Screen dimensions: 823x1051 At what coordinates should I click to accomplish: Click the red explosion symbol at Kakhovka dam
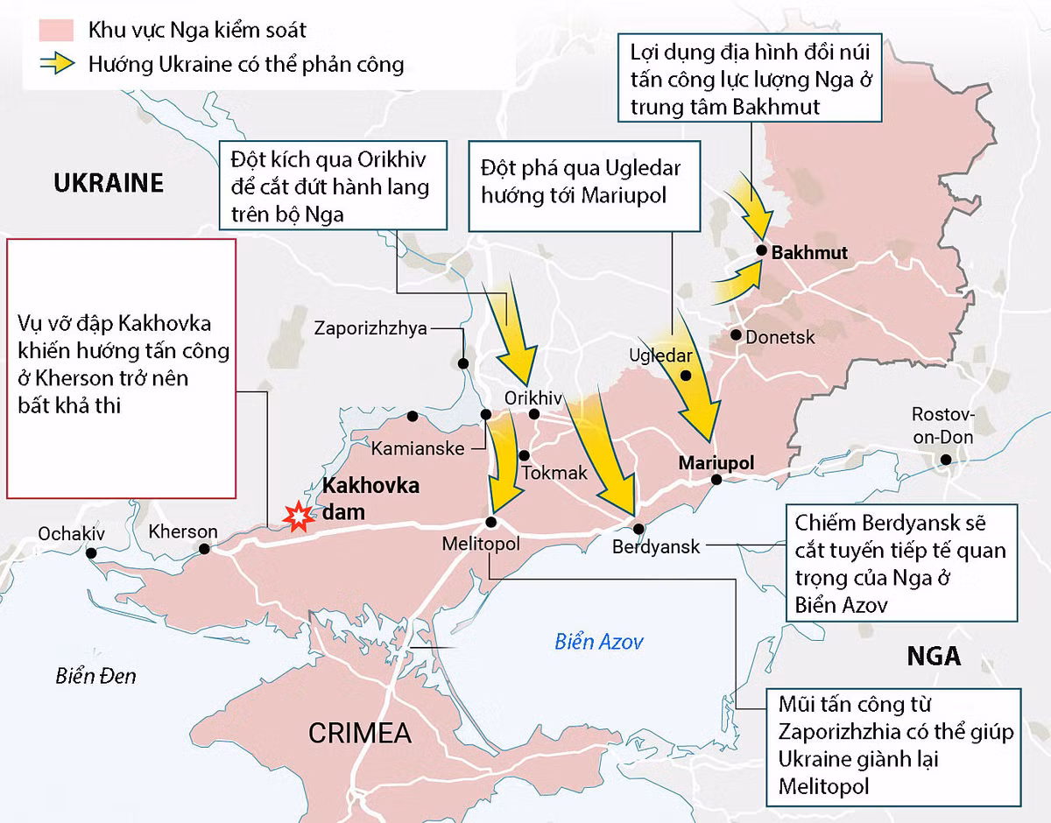point(299,517)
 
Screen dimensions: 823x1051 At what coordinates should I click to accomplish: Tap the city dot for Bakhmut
point(762,252)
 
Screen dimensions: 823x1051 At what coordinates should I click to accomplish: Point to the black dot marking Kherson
point(204,549)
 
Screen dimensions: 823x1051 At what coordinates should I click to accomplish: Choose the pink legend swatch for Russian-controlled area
point(55,31)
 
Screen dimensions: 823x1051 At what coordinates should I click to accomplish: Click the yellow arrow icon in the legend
point(55,65)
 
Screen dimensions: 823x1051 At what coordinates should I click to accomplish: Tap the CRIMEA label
point(360,732)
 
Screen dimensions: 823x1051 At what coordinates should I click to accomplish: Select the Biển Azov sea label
point(599,642)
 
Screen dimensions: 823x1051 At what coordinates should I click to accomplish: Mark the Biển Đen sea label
point(95,676)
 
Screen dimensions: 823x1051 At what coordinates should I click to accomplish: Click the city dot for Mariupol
point(716,479)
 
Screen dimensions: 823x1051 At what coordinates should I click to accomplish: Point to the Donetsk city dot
point(737,335)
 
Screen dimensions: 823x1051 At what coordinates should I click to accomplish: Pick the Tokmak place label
point(555,473)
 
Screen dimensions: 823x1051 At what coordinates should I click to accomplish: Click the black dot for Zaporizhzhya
point(462,362)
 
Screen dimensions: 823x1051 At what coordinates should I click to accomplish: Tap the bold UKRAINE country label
point(109,183)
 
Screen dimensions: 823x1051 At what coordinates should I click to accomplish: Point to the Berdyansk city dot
point(638,528)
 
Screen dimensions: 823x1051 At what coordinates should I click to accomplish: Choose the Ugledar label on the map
point(660,356)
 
